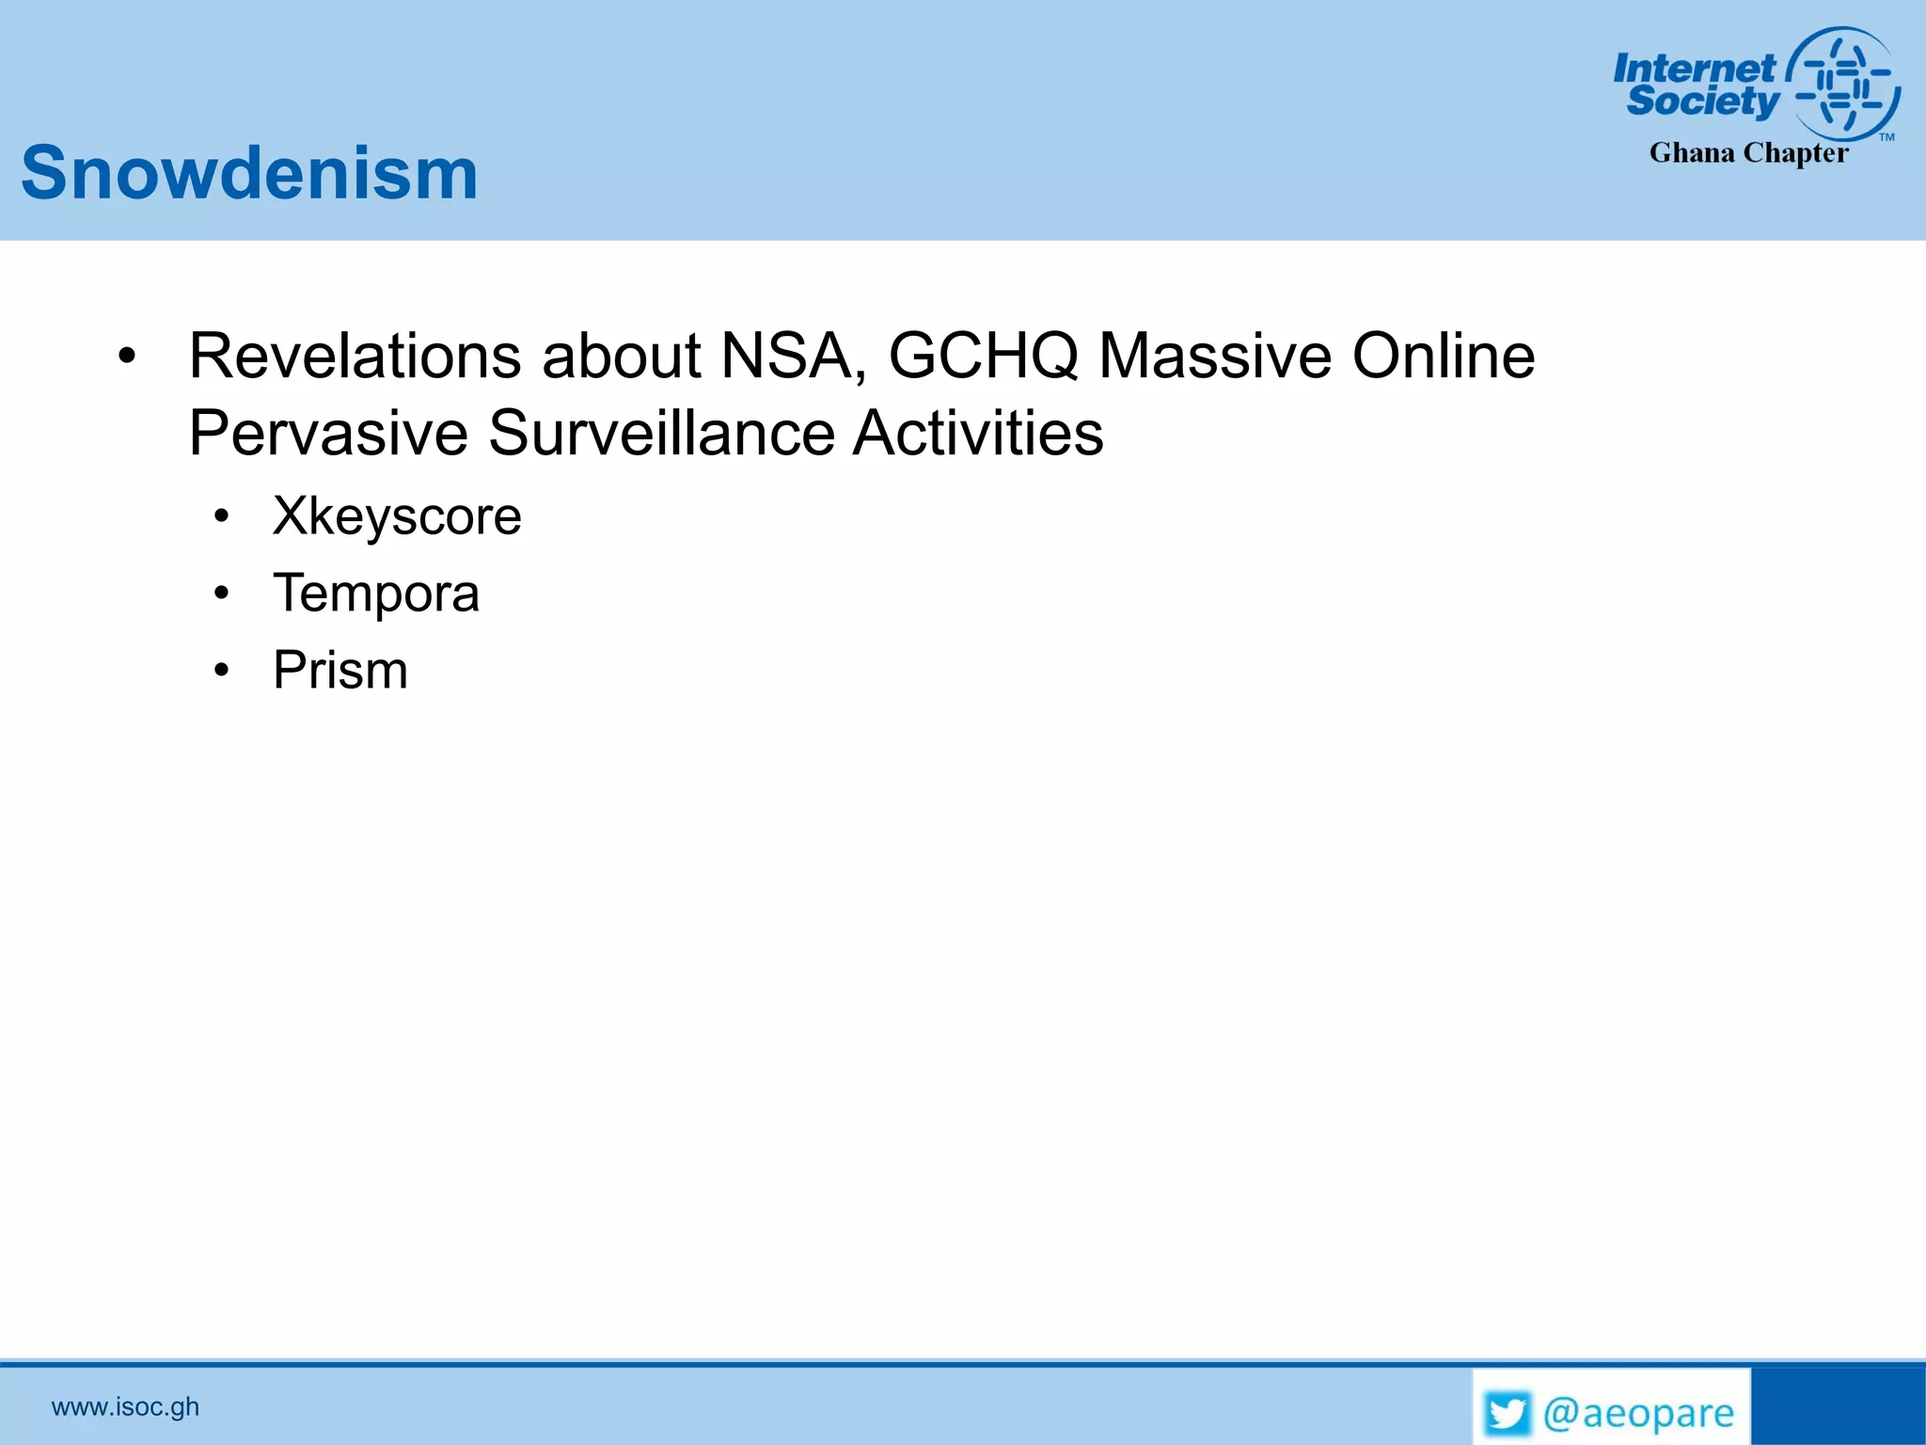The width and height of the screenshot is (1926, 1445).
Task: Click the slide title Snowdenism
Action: click(249, 173)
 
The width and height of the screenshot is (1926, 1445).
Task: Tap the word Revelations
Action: click(355, 357)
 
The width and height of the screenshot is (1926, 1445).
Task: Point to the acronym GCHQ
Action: click(983, 357)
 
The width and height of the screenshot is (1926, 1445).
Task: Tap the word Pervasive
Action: click(328, 434)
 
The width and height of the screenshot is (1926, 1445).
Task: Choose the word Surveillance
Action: click(661, 434)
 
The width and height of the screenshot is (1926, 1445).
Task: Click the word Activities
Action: click(978, 434)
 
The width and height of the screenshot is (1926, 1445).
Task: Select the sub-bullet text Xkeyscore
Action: click(397, 516)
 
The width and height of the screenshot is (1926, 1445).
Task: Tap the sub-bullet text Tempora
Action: click(376, 594)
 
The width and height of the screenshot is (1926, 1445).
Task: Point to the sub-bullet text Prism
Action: click(340, 671)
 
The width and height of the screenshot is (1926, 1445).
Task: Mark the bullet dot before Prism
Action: click(221, 671)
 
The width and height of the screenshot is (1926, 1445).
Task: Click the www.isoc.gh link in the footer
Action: click(125, 1406)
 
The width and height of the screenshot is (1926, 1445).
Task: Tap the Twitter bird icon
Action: click(1508, 1413)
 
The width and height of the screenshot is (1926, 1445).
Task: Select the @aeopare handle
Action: click(1638, 1413)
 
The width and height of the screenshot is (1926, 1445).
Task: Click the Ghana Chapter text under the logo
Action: click(1748, 152)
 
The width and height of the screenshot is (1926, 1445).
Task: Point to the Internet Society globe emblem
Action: click(1843, 83)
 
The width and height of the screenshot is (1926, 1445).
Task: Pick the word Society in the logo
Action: click(1702, 101)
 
